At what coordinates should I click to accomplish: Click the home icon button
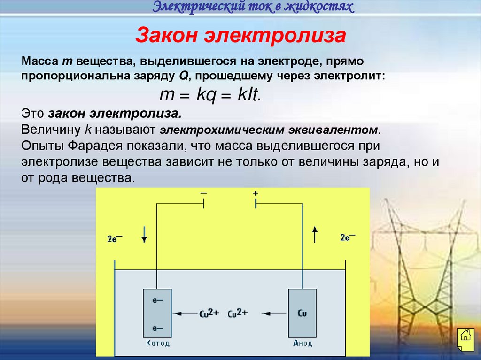(x=465, y=335)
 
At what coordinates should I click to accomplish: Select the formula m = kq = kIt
(x=210, y=95)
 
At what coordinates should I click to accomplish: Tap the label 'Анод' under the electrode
(x=302, y=343)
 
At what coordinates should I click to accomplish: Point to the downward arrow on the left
(x=144, y=235)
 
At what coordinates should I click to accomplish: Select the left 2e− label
(x=115, y=238)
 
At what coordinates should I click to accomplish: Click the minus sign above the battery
(x=203, y=193)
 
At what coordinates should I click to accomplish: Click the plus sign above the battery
(x=255, y=193)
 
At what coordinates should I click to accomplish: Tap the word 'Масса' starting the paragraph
(x=38, y=62)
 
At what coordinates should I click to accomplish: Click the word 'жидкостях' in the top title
(x=324, y=7)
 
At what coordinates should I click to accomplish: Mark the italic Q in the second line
(x=182, y=76)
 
